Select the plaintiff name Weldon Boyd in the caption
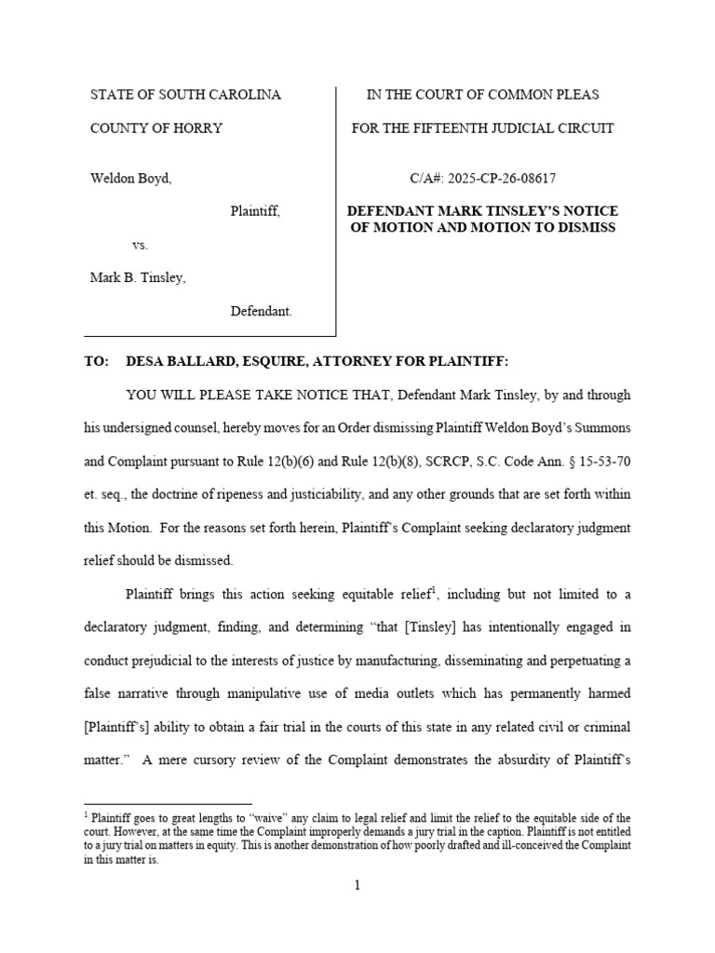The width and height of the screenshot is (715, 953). tap(130, 178)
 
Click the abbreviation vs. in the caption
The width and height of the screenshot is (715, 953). tap(140, 245)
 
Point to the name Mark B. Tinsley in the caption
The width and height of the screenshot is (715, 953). tap(137, 277)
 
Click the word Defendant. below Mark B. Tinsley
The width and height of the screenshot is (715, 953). tap(262, 311)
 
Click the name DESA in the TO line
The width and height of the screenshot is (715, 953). tap(145, 361)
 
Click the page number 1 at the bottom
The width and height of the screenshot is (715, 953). tap(357, 885)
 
